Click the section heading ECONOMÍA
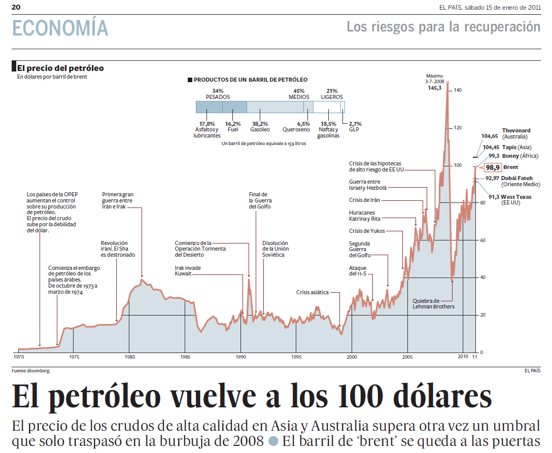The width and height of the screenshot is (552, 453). click(x=60, y=28)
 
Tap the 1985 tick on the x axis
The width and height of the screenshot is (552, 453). click(x=185, y=357)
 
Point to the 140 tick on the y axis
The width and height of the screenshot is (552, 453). click(x=458, y=90)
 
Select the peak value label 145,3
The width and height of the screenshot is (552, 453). click(x=434, y=88)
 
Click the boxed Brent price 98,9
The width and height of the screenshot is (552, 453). click(x=493, y=167)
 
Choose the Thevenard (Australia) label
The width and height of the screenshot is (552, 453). click(x=516, y=133)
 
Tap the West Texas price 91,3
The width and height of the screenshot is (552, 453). click(x=494, y=197)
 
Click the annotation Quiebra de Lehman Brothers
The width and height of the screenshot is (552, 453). click(x=433, y=303)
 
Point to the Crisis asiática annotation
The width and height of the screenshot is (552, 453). click(x=312, y=292)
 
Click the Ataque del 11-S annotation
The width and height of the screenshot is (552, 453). click(x=358, y=270)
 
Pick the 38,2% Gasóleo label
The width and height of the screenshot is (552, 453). click(x=259, y=126)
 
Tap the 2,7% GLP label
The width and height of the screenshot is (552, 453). click(x=355, y=126)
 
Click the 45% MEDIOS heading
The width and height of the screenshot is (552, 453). click(x=299, y=94)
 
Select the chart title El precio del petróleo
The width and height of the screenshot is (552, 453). click(x=60, y=68)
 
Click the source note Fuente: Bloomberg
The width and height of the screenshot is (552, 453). click(x=30, y=371)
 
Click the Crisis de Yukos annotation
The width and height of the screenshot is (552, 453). click(x=367, y=231)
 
